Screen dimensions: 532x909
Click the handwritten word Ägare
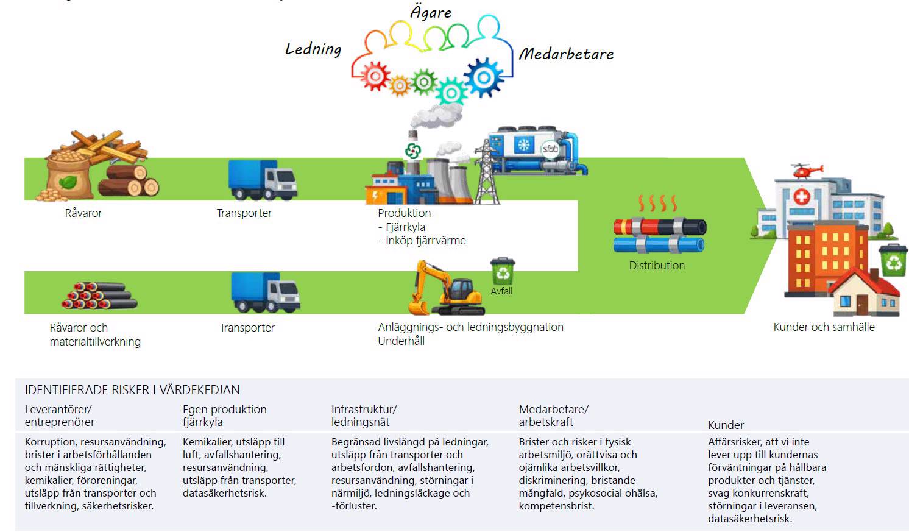[x=431, y=12]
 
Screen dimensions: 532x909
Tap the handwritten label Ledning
[x=313, y=49]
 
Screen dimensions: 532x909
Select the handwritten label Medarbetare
[x=566, y=54]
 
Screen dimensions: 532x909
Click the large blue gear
[x=484, y=77]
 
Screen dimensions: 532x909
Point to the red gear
[x=374, y=77]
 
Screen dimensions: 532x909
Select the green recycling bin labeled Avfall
[x=503, y=272]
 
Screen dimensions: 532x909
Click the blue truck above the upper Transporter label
[x=263, y=180]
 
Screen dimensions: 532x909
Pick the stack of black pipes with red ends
[x=99, y=296]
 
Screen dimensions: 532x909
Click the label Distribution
[x=657, y=266]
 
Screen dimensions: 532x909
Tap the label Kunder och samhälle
[x=824, y=327]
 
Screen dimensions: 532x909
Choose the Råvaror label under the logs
[x=83, y=213]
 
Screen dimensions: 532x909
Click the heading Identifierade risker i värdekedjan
[x=132, y=390]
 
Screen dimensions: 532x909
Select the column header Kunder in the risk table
[x=726, y=425]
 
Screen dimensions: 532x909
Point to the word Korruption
[x=50, y=442]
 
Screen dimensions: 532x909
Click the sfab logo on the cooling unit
[x=550, y=149]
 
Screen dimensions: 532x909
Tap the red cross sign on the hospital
[x=802, y=196]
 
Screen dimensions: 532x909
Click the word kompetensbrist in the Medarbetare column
[x=556, y=506]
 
